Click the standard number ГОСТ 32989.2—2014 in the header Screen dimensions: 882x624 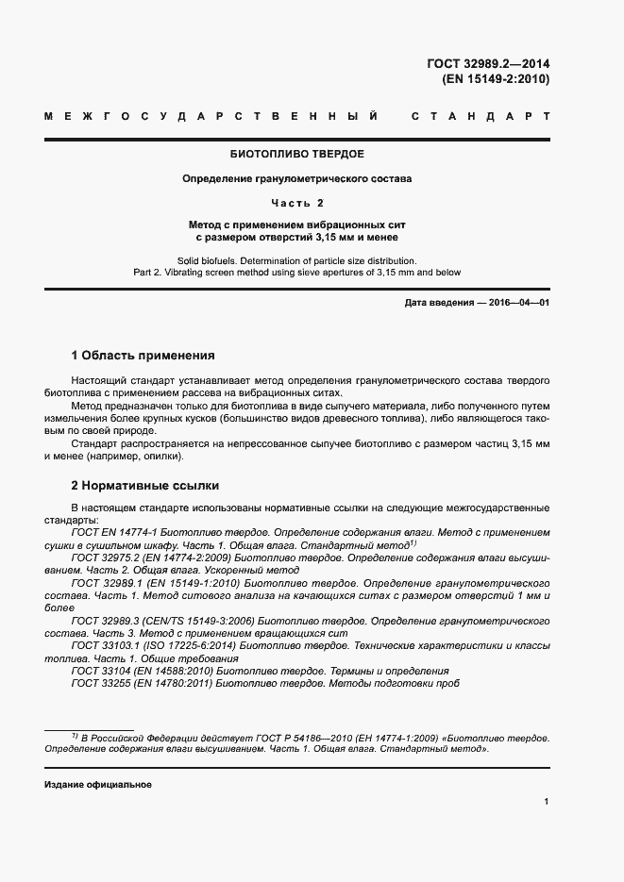pos(488,64)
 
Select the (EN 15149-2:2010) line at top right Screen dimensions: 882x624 pos(495,79)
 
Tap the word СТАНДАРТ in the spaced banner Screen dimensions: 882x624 pos(481,118)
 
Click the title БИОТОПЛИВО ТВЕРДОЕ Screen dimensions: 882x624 pos(297,154)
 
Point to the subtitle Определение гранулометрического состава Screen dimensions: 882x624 pos(297,178)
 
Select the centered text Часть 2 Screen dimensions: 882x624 pos(297,203)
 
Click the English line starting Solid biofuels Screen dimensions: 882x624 pos(297,259)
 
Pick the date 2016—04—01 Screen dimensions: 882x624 pos(517,302)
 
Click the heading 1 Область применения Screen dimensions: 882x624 pos(143,356)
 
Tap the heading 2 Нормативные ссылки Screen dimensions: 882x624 pos(145,486)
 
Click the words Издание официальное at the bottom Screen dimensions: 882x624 pos(97,785)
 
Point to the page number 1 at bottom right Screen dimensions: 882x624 pos(547,801)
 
